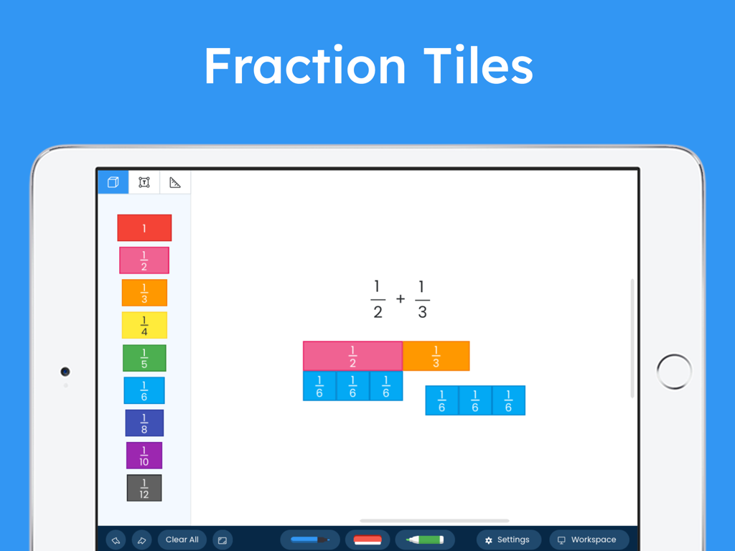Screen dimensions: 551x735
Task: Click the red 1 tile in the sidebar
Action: point(144,228)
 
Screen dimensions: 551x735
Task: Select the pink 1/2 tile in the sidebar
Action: point(144,260)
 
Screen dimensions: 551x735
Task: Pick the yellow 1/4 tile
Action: point(144,325)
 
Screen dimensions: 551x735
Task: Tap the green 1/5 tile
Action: point(144,358)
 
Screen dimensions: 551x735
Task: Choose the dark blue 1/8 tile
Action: point(144,423)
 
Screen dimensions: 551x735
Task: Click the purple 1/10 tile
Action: point(144,456)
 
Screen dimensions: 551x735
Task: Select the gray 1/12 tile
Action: point(144,488)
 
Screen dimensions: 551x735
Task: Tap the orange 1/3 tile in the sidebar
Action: point(144,293)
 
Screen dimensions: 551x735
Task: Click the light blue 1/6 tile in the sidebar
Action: point(144,390)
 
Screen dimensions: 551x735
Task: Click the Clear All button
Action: point(182,540)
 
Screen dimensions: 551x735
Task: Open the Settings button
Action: point(508,540)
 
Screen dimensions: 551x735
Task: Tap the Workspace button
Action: point(589,540)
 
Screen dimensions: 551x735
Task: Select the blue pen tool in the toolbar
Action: point(310,540)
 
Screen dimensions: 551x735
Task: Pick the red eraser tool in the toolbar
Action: point(367,540)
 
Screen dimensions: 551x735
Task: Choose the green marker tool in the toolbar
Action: point(425,540)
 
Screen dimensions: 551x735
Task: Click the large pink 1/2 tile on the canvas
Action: point(352,356)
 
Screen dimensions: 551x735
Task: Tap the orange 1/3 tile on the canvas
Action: point(436,356)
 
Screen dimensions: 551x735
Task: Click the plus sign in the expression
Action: point(401,298)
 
